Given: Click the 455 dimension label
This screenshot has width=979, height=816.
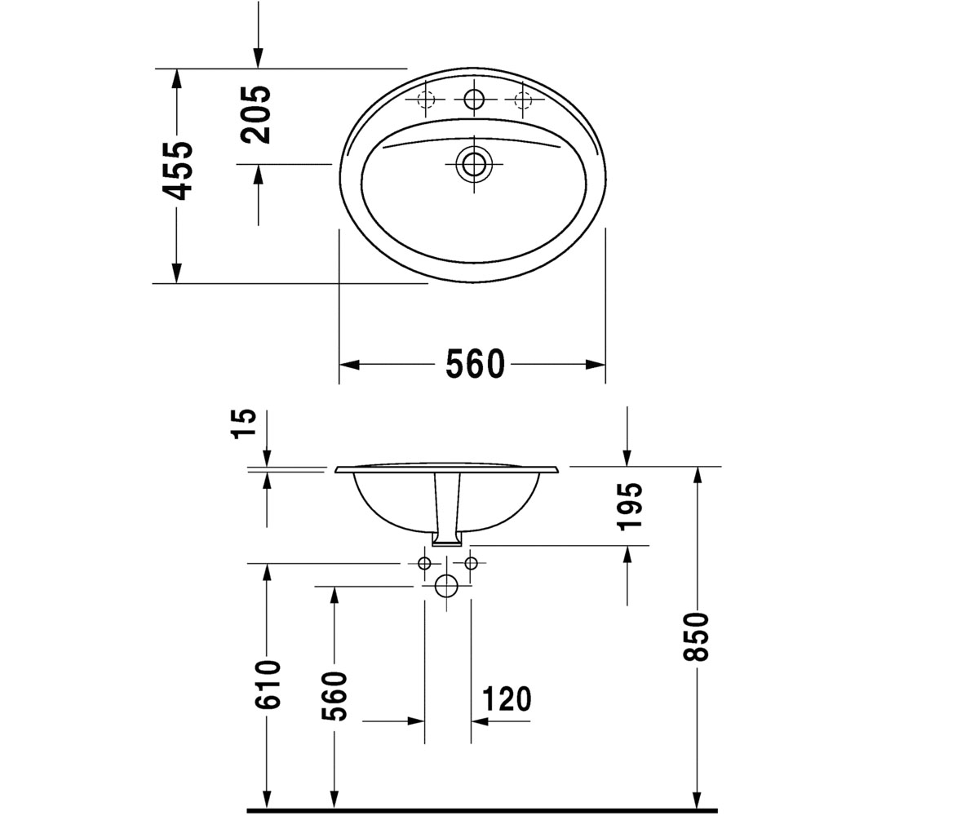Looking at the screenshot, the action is pos(177,171).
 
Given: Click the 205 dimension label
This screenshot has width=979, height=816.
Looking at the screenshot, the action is pos(255,114).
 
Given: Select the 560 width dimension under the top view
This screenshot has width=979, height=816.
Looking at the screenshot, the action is pos(475,364).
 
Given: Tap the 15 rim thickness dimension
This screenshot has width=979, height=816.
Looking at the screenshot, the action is pos(244,424).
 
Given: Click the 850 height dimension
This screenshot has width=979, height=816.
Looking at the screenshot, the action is pos(696,636).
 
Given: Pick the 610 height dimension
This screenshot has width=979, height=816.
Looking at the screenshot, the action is pos(268,685).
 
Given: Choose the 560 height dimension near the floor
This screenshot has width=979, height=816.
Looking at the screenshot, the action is pos(334,696).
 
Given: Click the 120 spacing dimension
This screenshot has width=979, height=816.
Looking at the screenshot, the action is pos(507,698).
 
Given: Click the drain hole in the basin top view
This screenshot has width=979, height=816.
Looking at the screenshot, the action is pos(474,164).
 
